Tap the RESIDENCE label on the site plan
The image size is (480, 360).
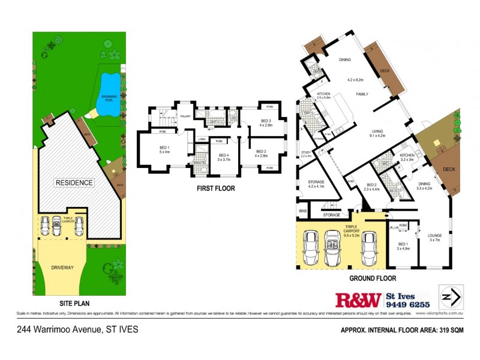point(74,182)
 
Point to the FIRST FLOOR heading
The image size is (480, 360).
point(216,188)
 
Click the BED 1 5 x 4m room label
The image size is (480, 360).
point(163,150)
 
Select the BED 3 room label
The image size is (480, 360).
point(266,123)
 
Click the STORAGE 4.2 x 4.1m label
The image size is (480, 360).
point(317,184)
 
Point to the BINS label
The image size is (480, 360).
point(302,211)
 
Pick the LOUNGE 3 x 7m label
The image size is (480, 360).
point(434,238)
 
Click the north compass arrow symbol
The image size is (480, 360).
point(451,296)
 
